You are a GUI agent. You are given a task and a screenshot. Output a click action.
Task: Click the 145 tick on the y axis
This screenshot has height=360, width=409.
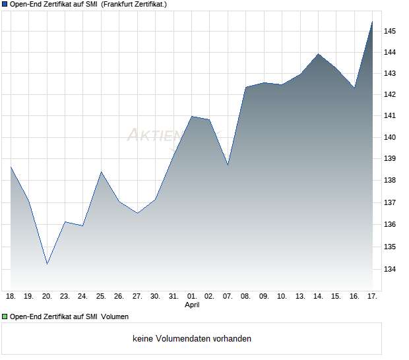coord(390,31)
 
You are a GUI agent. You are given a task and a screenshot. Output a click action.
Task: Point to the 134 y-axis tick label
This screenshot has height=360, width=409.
coord(390,269)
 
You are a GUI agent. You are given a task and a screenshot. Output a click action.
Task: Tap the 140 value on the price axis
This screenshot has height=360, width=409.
coord(390,137)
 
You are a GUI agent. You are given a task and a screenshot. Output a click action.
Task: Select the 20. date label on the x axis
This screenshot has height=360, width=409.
coord(47,296)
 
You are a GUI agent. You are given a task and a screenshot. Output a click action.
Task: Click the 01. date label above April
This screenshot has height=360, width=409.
coord(191,296)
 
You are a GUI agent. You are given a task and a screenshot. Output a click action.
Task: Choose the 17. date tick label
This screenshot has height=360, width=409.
coord(372,296)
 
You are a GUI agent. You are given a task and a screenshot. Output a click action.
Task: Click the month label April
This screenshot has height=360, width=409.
coord(191,305)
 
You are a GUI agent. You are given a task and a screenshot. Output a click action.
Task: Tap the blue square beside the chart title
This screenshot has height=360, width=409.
coord(4,4)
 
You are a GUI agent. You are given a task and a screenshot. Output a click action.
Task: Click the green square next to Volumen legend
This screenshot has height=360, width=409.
coord(4,316)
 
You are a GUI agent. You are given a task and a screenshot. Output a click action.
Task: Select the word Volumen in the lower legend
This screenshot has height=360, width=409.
coord(114,316)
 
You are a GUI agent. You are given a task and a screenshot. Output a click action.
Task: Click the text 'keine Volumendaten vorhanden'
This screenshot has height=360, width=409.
coord(192,339)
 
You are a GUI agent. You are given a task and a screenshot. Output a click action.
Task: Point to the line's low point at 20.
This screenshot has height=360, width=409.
coord(47,264)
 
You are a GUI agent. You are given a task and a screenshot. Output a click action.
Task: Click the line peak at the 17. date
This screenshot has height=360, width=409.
coord(372,22)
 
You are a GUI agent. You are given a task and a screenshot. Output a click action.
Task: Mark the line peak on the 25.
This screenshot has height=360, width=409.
coord(101,171)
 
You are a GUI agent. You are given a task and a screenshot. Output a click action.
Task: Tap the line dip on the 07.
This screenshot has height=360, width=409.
coord(228,165)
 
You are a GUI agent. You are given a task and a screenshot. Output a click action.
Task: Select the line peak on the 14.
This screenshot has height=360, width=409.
coord(318,54)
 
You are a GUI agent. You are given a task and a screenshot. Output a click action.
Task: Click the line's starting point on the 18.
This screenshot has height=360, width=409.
coord(11,167)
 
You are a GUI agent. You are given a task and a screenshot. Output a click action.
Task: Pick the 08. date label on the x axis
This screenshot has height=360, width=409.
coord(245,296)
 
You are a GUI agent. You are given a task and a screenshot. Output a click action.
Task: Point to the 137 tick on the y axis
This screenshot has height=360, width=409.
coord(390,202)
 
